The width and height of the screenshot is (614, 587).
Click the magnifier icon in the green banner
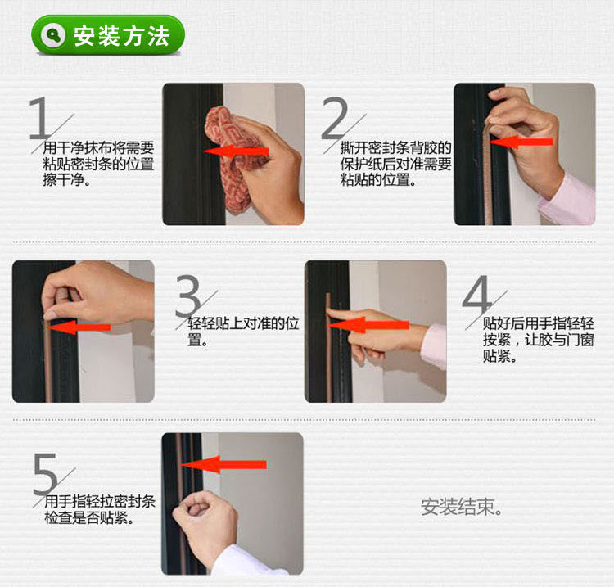click(54, 35)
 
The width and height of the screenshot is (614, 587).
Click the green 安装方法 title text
click(122, 36)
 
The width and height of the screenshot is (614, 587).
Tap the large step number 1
click(40, 118)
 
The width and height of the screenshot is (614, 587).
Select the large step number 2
click(334, 118)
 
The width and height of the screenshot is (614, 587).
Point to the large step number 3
click(188, 296)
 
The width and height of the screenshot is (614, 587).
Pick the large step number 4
click(476, 295)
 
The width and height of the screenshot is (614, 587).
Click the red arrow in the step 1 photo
click(236, 151)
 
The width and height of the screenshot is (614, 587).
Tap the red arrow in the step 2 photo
click(521, 142)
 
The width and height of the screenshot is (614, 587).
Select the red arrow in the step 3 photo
click(78, 327)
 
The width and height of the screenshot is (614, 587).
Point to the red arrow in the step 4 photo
click(368, 325)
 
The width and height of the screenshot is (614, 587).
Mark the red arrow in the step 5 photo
click(223, 464)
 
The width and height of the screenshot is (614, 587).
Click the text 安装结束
click(461, 507)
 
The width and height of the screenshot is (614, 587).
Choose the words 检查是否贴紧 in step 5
click(86, 517)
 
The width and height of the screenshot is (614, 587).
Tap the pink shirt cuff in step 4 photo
click(434, 346)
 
